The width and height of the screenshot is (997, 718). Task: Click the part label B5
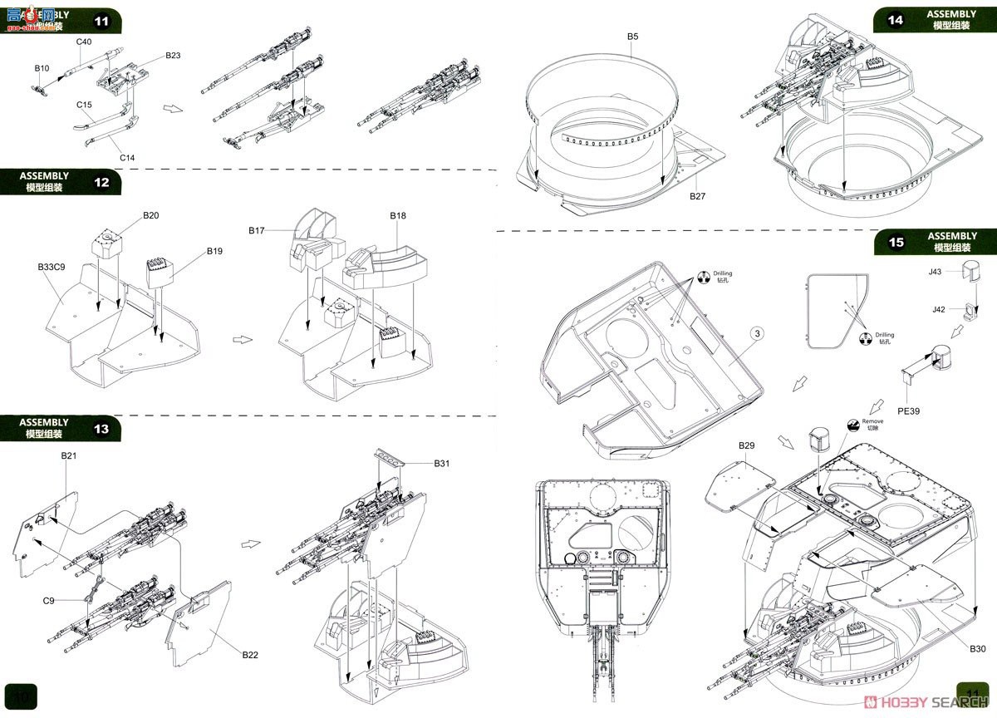[633, 37]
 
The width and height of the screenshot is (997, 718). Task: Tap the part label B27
[696, 196]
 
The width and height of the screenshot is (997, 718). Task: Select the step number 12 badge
[101, 182]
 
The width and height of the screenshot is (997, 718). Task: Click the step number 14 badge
[896, 20]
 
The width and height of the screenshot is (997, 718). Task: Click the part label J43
[936, 272]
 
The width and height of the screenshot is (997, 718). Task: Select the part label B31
[441, 464]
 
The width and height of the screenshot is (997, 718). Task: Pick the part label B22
[250, 655]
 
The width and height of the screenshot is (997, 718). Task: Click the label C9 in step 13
[49, 600]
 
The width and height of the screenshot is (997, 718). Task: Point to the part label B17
[256, 229]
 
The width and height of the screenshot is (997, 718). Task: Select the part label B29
[746, 446]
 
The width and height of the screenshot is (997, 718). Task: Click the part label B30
[976, 647]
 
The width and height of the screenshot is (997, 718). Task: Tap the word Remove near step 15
[872, 421]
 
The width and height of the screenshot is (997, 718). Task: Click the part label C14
[127, 158]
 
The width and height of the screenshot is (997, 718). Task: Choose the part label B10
[42, 68]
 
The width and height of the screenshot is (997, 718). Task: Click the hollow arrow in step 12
[241, 339]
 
